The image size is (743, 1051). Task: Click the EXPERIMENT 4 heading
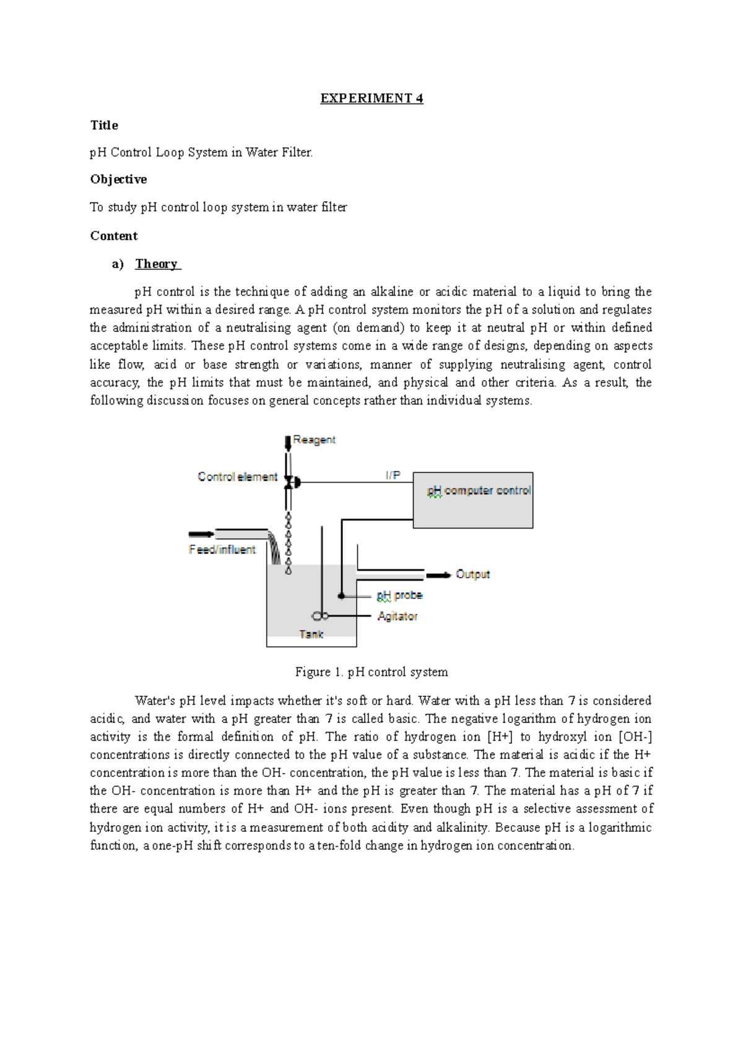click(371, 98)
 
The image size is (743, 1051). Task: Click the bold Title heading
click(104, 126)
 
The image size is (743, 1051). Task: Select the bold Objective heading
click(118, 179)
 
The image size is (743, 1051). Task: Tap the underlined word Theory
click(157, 264)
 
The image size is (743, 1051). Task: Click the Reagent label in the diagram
click(314, 440)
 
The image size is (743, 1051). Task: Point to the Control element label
click(237, 477)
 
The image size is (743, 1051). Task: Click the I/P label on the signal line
click(393, 475)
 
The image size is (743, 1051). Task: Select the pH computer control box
click(473, 500)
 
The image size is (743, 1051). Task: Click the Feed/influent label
click(222, 550)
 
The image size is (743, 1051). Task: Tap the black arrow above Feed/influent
click(201, 534)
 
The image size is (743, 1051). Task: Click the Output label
click(472, 574)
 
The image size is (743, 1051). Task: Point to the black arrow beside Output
click(438, 575)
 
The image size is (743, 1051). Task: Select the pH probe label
click(399, 595)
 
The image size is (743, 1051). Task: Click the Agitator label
click(398, 616)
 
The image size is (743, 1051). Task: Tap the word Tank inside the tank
click(311, 634)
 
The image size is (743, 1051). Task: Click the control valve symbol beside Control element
click(290, 481)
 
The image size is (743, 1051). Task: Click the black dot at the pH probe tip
click(341, 596)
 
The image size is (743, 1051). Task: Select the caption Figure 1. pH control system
click(371, 672)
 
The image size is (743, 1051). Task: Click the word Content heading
click(114, 236)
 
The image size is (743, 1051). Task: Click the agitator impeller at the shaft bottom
click(319, 616)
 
